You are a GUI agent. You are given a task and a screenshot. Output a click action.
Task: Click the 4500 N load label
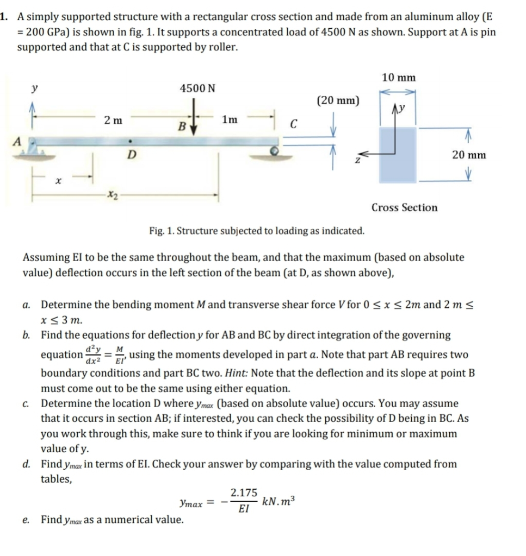click(197, 87)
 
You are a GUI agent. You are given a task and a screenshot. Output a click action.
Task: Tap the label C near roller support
click(293, 124)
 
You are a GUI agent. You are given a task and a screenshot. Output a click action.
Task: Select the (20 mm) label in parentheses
click(337, 100)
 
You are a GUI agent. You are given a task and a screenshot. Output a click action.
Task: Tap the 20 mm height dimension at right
click(469, 155)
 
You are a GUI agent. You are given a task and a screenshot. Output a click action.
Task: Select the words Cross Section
click(404, 207)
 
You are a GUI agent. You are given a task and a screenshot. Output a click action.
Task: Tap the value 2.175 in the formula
click(244, 492)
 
